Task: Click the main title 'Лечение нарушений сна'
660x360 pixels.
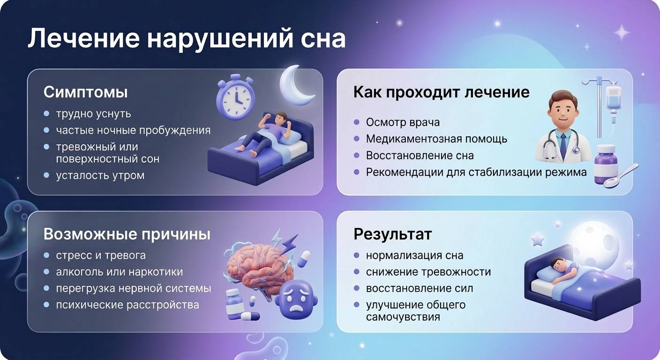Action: coord(186,38)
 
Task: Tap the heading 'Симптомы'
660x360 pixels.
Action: coord(85,92)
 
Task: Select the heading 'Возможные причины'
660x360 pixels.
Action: coord(127,234)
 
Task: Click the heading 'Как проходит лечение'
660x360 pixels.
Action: coord(441,92)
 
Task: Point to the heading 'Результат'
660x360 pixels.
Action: coord(392,234)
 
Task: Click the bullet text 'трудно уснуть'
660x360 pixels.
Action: coord(93,114)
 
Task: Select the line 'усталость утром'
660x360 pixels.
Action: coord(100,175)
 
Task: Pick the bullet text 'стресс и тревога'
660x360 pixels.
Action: coord(101,255)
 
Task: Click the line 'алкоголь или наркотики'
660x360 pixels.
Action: coord(119,272)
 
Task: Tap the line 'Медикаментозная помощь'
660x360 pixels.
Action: coord(436,139)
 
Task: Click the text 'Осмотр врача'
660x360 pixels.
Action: coord(403,122)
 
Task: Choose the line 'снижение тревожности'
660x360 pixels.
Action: coord(428,272)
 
